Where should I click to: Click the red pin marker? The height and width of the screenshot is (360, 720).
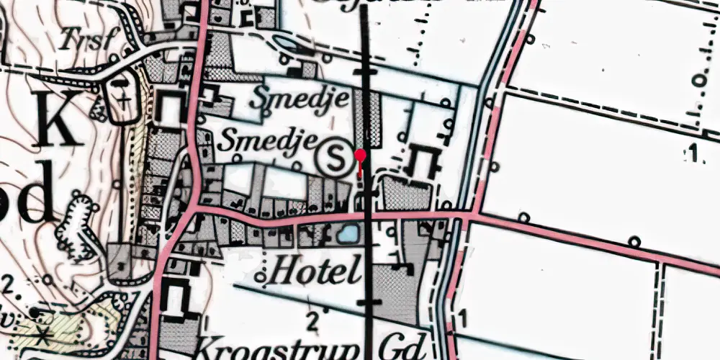(361, 156)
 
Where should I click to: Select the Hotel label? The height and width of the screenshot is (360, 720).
(312, 272)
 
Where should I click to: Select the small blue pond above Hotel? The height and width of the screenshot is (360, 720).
(346, 233)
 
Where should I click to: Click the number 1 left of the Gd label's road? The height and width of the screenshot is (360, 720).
(462, 317)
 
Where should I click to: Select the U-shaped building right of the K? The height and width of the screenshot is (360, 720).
(170, 109)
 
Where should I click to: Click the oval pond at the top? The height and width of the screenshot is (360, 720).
(286, 45)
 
